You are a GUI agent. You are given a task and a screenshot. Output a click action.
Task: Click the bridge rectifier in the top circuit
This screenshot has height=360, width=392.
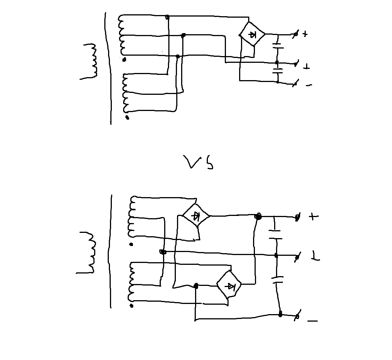tap(252, 34)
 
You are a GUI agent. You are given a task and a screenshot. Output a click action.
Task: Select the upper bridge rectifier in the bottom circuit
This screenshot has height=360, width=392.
tap(196, 215)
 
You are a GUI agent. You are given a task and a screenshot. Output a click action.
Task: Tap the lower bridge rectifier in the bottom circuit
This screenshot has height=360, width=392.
tap(229, 284)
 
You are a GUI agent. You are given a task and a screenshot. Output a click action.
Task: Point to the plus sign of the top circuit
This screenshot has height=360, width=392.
tap(305, 34)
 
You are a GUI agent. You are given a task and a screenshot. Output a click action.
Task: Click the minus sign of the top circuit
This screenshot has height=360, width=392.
tap(309, 85)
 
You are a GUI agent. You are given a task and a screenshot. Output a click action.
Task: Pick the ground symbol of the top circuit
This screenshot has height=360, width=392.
tap(307, 67)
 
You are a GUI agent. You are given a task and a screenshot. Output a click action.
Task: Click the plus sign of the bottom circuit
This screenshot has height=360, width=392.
tap(314, 216)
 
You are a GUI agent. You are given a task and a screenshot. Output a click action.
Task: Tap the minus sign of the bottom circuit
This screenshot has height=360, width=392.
tap(313, 321)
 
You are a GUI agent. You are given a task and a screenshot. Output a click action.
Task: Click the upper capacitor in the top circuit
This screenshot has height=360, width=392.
tap(278, 46)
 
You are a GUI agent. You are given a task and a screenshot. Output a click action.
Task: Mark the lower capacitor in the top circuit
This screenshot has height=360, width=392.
tap(278, 71)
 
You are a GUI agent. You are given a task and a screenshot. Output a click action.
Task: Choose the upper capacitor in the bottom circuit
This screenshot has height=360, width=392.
tap(275, 235)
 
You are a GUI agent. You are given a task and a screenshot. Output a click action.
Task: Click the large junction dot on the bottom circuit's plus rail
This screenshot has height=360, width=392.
tap(258, 216)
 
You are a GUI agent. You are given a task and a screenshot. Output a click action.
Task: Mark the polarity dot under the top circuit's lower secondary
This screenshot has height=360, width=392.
tap(127, 117)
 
